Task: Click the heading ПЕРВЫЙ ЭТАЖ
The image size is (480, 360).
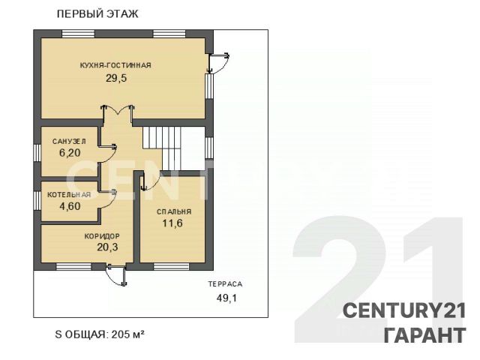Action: [97, 14]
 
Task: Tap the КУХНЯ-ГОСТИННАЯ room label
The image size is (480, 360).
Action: [115, 65]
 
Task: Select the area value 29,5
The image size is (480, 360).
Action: [116, 78]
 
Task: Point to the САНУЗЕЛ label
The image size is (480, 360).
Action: [69, 142]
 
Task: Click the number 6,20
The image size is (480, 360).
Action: [70, 152]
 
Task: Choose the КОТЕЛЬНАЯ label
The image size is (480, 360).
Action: [69, 195]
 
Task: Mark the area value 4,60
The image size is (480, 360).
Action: [70, 206]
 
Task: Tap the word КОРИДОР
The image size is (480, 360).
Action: [102, 236]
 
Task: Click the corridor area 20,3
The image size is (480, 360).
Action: [107, 247]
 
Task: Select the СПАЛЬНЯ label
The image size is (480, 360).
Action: [174, 211]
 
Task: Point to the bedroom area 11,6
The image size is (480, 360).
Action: [172, 223]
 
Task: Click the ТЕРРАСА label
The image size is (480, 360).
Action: [225, 284]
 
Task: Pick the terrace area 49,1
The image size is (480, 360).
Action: [226, 298]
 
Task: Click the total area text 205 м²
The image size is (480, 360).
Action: [127, 334]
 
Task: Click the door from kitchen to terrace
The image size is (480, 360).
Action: [218, 63]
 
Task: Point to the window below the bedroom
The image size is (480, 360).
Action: [171, 267]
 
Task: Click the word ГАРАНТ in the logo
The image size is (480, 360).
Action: [424, 335]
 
